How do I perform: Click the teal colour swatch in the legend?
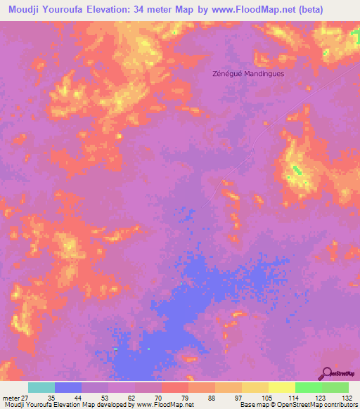pos(41,387)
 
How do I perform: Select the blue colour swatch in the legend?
pos(67,387)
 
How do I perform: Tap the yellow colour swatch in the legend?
pos(281,387)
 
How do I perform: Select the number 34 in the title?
pos(138,9)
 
